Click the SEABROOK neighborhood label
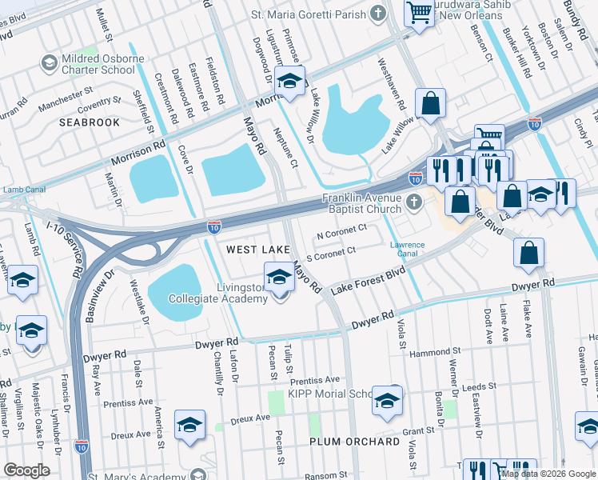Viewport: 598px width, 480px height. [89, 122]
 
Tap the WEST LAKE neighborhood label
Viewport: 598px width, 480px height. [257, 250]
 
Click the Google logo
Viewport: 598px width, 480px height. [26, 470]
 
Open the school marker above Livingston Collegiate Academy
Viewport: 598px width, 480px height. [278, 278]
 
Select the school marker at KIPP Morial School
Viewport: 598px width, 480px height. [387, 402]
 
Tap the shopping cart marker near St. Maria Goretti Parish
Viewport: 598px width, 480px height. [419, 13]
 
